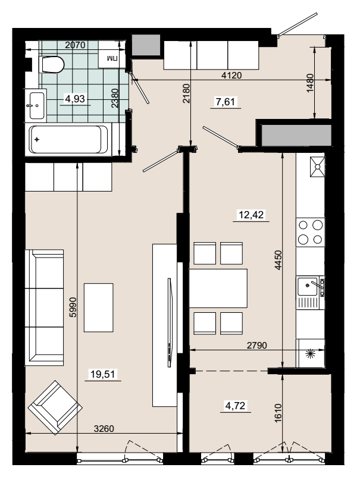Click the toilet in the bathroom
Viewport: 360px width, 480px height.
coord(51,65)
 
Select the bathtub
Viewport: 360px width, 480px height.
coord(69,140)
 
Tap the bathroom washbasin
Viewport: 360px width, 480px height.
coord(36,105)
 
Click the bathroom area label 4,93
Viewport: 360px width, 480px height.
coord(75,99)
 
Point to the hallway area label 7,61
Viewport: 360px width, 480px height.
coord(226,102)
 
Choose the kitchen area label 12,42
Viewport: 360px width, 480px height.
coord(251,215)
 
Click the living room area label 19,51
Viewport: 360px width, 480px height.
coord(103,374)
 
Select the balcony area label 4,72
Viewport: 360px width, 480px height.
coord(235,406)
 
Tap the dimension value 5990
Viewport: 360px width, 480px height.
coord(73,307)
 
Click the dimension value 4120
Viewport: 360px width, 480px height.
coord(231,76)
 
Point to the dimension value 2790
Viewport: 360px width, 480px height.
coord(257,346)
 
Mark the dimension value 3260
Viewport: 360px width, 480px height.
coord(104,429)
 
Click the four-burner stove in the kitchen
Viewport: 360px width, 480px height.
coord(310,233)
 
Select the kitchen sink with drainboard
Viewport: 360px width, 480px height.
coord(310,293)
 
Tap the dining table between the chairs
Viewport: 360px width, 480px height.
coord(218,288)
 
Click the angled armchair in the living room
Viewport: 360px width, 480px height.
coord(55,408)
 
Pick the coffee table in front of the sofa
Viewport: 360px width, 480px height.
coord(99,308)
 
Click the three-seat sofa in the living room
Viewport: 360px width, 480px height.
coord(45,308)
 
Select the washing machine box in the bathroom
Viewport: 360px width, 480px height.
coord(112,58)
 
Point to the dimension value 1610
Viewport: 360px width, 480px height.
coord(278,413)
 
